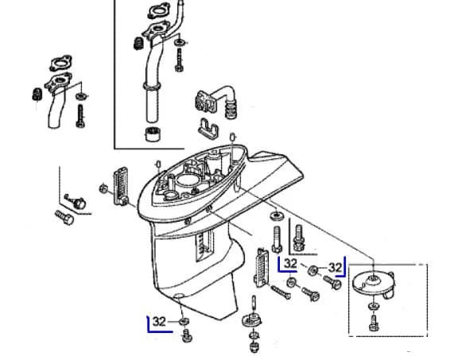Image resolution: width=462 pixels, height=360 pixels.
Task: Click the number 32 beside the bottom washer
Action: tap(159, 321)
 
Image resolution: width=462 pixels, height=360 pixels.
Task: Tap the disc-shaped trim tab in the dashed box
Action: tap(375, 282)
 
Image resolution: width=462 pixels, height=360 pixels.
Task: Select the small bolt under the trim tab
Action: tap(374, 323)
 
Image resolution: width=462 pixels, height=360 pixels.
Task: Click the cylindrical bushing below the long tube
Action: tap(153, 134)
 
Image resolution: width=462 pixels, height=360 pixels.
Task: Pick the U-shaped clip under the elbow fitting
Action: tap(208, 129)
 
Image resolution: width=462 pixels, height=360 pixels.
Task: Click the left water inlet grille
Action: tap(121, 186)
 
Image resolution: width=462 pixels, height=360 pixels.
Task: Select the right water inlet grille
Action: tap(261, 268)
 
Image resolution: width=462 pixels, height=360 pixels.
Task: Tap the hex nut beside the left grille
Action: tap(103, 188)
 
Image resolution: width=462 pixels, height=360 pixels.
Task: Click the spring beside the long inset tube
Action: tap(138, 44)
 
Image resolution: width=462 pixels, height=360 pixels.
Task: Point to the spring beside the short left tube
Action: tap(37, 95)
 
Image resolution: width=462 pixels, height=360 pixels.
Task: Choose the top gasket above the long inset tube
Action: tap(159, 12)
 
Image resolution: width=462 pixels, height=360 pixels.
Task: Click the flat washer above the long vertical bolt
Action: tap(277, 216)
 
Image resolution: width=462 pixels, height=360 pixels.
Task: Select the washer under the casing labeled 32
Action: tap(184, 321)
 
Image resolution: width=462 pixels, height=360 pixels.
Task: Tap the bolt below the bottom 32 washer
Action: tap(187, 336)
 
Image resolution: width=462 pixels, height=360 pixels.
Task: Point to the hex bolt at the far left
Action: tap(64, 218)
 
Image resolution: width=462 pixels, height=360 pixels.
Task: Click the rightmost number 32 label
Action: tap(335, 268)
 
